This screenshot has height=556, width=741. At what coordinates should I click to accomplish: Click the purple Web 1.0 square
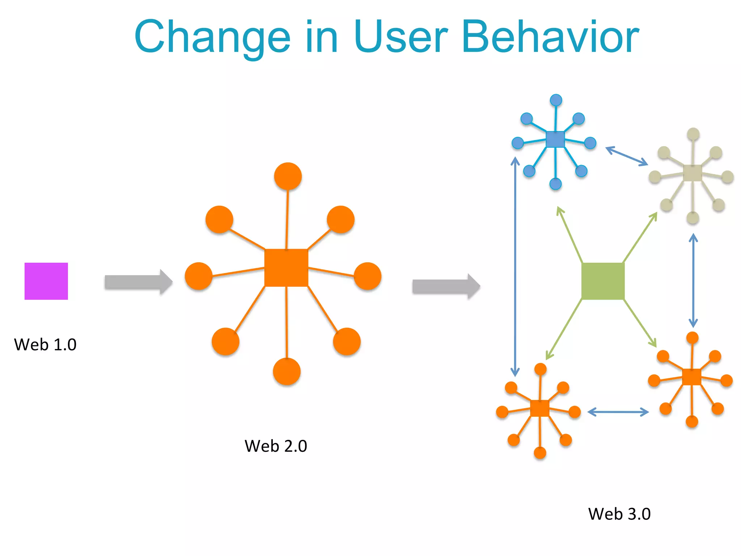click(46, 281)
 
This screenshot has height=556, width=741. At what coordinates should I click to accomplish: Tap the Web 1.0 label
click(45, 344)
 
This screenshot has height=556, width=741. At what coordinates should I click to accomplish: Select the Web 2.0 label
click(276, 446)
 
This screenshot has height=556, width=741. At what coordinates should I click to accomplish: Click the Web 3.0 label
click(619, 514)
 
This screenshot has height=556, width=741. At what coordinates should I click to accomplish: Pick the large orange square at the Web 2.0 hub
click(286, 268)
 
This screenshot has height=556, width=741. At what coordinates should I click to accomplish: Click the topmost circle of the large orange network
click(288, 176)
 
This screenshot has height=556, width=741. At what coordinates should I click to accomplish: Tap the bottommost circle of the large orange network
click(287, 371)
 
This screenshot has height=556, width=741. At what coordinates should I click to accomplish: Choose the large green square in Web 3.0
click(603, 281)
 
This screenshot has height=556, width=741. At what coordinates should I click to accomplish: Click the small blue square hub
click(555, 139)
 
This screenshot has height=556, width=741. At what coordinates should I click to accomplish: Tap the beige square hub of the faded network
click(692, 173)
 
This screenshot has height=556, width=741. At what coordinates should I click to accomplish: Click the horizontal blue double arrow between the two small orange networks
click(618, 412)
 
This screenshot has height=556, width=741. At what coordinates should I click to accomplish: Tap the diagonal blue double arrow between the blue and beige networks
click(627, 156)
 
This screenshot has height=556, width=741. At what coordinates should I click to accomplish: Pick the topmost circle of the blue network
click(556, 100)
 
